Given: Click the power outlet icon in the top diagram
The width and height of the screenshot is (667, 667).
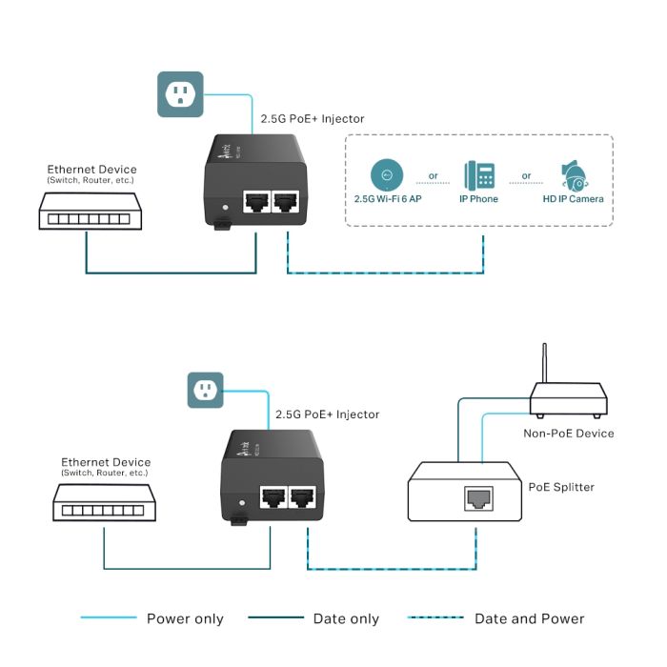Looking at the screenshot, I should pos(180,93).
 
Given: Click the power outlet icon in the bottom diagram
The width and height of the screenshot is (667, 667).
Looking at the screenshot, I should pos(206,390).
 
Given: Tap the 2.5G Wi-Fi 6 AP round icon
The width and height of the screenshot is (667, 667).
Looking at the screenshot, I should pos(387,175).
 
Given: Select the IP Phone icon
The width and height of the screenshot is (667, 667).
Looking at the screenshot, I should pos(479,175).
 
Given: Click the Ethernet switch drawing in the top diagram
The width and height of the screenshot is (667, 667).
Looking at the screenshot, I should pos(86,212).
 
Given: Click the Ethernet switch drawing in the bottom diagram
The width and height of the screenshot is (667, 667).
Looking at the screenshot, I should pos(101,501).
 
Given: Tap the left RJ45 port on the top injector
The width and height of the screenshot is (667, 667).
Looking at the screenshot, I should pos(256,202).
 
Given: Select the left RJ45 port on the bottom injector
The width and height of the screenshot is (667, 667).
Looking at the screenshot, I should pos(273,497).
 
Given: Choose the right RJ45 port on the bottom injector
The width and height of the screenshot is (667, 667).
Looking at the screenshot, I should pos(304,497).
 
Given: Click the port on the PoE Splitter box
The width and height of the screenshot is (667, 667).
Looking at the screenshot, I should pos(476,497).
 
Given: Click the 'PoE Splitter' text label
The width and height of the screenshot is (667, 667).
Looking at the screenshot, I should pos(561,487).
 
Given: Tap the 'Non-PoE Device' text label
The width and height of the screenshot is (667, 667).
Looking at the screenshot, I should pos(569,433).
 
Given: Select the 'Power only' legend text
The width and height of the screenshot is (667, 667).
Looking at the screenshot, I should pos(185,619).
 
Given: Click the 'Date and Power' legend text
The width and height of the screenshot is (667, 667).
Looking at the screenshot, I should pos(530,619).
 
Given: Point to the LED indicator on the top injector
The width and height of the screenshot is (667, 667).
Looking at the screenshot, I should pos(225,206).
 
